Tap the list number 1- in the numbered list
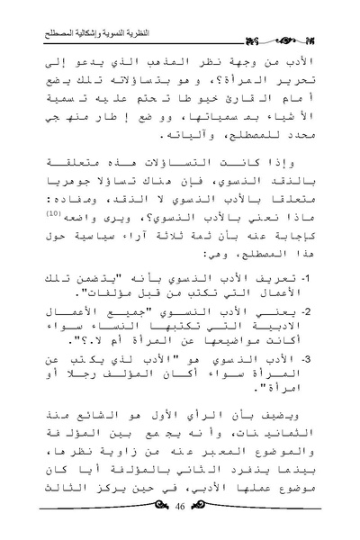click(310, 275)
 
